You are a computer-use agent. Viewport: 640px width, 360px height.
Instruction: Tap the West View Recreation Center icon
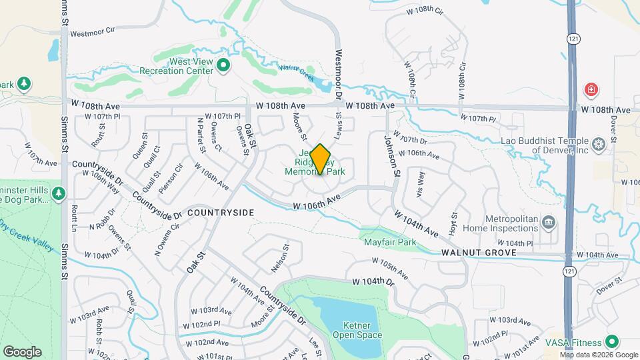223,65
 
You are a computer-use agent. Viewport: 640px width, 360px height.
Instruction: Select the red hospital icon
590,89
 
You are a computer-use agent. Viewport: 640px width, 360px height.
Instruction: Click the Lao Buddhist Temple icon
598,143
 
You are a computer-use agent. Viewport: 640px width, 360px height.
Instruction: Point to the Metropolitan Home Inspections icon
548,221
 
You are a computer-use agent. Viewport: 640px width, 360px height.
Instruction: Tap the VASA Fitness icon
611,341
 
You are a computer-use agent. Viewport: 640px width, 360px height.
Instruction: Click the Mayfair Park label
390,242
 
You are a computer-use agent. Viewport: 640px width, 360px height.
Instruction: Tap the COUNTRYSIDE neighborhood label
221,212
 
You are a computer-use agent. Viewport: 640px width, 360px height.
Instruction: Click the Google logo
22,351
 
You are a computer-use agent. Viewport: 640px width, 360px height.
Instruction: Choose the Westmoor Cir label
93,31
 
